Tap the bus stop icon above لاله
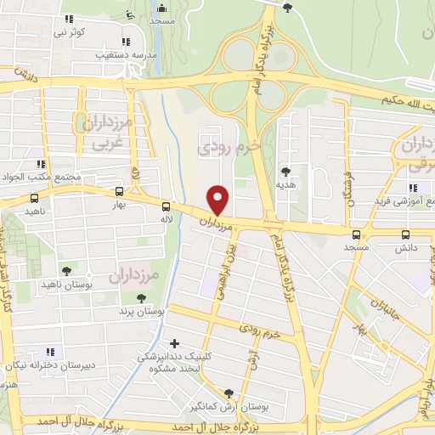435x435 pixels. click(166, 206)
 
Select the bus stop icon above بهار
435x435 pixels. click(118, 191)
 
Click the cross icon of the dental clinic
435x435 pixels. click(174, 344)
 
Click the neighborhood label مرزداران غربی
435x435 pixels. click(109, 134)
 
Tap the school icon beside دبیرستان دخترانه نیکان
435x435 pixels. click(49, 351)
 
